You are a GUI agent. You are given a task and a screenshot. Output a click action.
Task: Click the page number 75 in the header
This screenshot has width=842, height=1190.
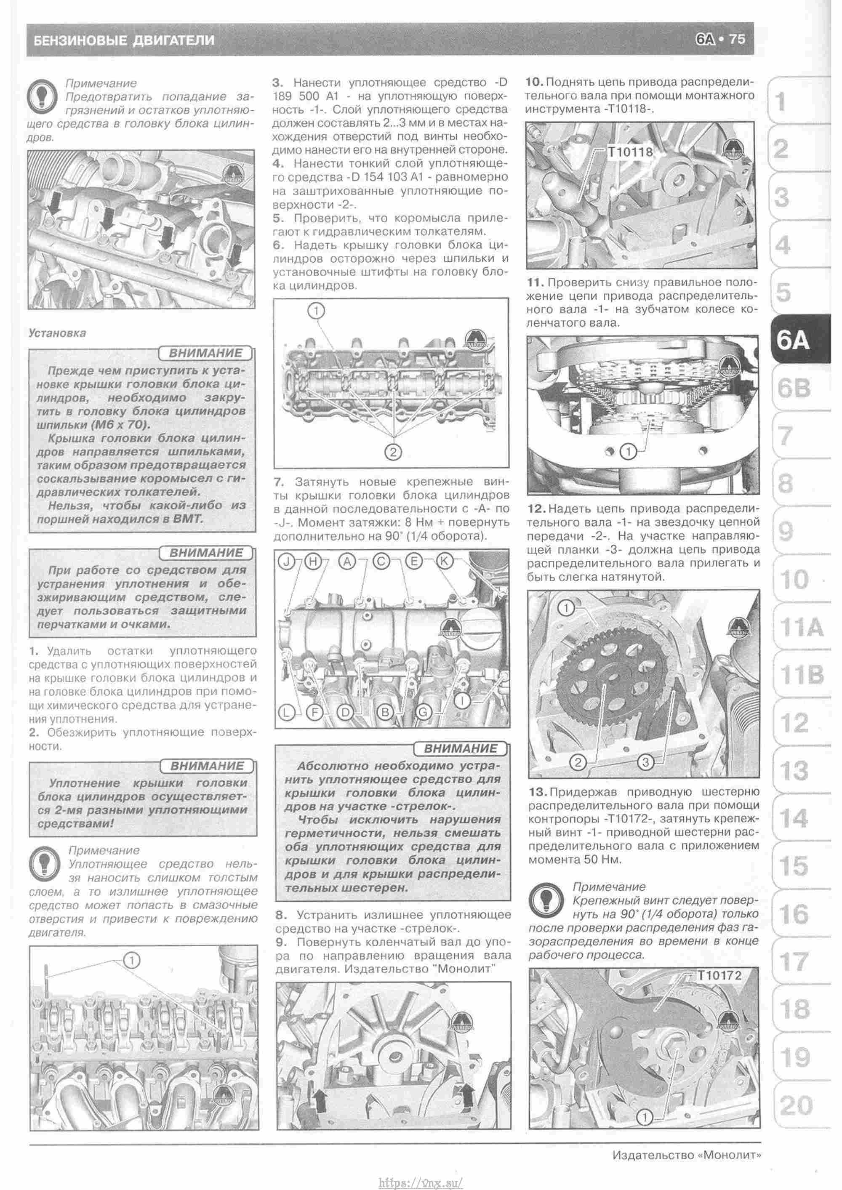click(x=737, y=40)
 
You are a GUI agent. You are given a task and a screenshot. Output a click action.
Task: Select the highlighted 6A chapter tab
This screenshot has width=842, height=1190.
click(x=793, y=341)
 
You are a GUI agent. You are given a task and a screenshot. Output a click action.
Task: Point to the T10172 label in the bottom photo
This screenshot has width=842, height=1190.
click(x=719, y=975)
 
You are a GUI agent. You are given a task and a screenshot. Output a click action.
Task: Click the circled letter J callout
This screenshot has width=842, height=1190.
click(x=286, y=561)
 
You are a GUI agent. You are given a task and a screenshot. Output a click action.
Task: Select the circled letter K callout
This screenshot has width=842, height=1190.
click(x=444, y=561)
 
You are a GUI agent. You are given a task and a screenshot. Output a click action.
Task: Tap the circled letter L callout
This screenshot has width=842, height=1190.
click(x=286, y=713)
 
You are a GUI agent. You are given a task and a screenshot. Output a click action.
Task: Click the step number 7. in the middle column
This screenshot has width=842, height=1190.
click(x=278, y=482)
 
